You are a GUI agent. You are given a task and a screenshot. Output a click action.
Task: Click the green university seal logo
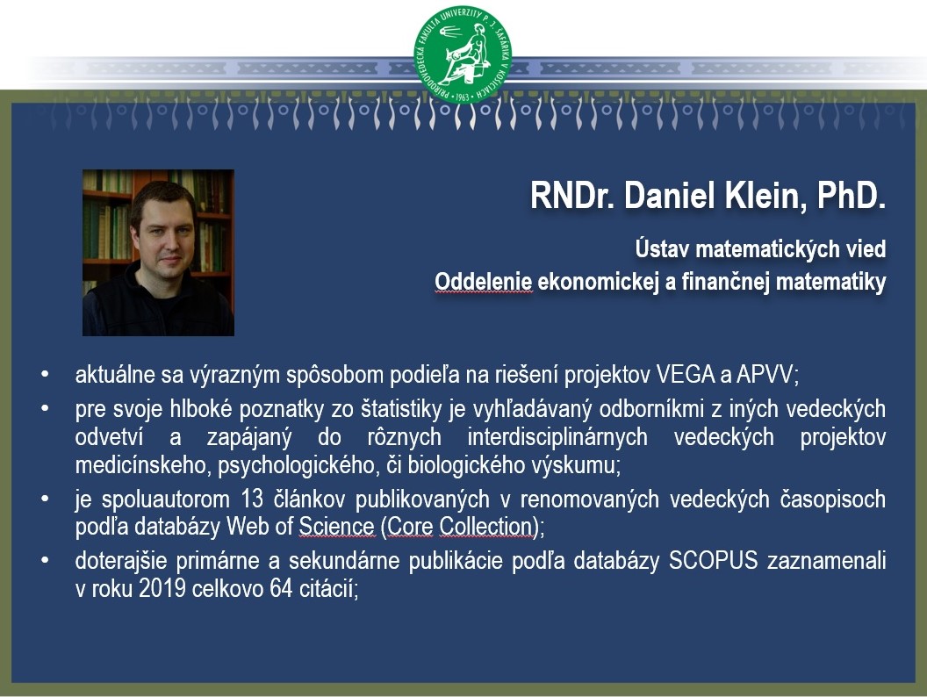tap(463, 54)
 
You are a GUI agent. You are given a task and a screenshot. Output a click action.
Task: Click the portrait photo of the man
tap(158, 253)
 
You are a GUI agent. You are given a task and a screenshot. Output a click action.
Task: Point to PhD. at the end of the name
tap(852, 196)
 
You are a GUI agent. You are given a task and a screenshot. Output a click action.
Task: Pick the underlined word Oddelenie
tap(483, 282)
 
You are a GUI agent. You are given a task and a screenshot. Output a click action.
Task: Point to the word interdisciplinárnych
tap(557, 437)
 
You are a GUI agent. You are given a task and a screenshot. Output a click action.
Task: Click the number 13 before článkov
tap(252, 499)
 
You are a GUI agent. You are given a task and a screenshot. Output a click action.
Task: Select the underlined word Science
tap(336, 526)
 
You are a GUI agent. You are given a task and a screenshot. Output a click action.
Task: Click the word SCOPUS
tap(713, 560)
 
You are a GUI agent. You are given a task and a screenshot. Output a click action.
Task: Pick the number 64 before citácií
tap(282, 588)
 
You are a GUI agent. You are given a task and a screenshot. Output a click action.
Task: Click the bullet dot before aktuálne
tap(45, 375)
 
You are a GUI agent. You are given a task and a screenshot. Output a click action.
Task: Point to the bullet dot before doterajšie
tap(45, 560)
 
